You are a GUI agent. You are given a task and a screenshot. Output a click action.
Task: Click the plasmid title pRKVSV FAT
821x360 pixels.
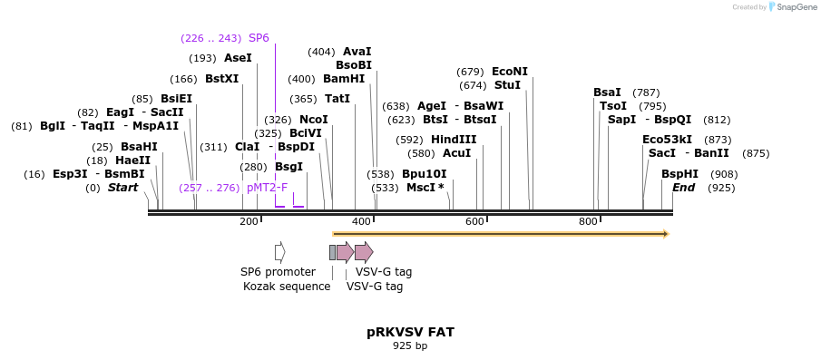[x=410, y=332]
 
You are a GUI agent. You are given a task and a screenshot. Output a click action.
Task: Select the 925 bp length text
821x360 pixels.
[x=410, y=346]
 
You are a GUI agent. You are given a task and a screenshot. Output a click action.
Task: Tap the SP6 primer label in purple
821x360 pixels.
[x=259, y=38]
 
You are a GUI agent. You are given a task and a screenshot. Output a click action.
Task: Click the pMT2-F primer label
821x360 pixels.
[x=267, y=188]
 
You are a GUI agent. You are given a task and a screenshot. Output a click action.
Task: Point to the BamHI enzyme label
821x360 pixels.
[x=344, y=79]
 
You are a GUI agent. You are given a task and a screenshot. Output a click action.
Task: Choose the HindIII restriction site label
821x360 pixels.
[x=454, y=140]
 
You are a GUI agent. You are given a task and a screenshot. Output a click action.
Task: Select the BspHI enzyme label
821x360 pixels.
[x=679, y=174]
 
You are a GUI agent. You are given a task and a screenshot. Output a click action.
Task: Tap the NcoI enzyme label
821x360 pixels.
[x=314, y=120]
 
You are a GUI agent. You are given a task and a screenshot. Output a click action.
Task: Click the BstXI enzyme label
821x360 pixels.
[x=221, y=79]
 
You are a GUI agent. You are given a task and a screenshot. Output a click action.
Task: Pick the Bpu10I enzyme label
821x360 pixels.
[x=425, y=174]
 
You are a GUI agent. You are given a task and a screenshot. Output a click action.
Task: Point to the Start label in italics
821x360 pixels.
[x=123, y=188]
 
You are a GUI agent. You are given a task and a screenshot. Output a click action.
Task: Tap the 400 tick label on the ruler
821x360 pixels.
[x=361, y=222]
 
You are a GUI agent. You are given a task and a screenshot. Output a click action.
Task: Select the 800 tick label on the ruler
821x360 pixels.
[x=588, y=222]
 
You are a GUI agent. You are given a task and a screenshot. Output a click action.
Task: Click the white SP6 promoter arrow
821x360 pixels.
[x=280, y=251]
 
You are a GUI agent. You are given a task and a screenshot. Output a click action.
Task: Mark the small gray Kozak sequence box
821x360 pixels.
[x=332, y=251]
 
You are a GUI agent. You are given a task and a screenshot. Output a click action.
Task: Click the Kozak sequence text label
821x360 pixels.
[x=287, y=287]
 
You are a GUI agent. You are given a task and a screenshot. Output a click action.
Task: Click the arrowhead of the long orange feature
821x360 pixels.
[x=666, y=234]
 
